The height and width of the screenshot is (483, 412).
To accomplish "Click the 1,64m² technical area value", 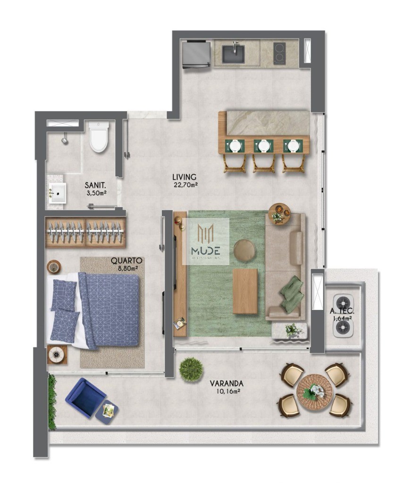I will click(342, 318).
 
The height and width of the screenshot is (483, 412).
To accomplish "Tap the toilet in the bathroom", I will click(99, 136).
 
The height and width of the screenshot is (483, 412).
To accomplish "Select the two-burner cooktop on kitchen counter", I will click(279, 53).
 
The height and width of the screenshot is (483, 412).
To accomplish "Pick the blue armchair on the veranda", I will click(85, 398).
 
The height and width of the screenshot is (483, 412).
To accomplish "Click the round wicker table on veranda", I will click(314, 391).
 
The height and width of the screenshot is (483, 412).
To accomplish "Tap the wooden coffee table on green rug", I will click(245, 291).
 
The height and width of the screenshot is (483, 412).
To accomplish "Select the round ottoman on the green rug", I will click(244, 250).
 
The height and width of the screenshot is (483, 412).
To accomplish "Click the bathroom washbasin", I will click(58, 192).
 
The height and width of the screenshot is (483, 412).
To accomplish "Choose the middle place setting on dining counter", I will click(263, 146).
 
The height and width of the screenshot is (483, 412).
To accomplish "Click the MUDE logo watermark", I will click(206, 241).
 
